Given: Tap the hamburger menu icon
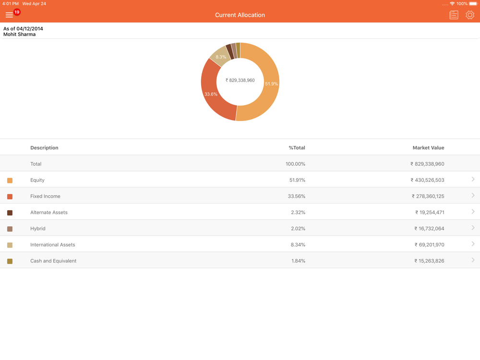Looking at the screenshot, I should click(x=9, y=15).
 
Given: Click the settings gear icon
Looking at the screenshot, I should click(x=469, y=15).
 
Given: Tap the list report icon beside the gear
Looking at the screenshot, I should click(x=454, y=15).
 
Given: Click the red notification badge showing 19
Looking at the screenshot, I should click(x=17, y=12).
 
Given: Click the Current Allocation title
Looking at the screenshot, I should click(x=240, y=15).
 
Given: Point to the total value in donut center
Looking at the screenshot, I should click(x=240, y=80).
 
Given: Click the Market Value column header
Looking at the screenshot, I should click(x=428, y=148).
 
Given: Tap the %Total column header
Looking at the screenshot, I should click(x=297, y=148).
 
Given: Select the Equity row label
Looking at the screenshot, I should click(x=37, y=180).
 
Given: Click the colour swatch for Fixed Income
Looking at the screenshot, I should click(x=10, y=196).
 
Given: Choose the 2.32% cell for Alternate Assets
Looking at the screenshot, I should click(x=298, y=212).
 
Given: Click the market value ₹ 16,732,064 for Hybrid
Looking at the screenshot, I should click(x=429, y=228).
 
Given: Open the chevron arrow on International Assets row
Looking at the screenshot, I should click(x=473, y=244).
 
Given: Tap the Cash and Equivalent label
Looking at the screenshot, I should click(x=53, y=261).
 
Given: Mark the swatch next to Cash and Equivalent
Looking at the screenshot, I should click(x=10, y=261).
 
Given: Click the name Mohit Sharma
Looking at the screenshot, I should click(x=19, y=35).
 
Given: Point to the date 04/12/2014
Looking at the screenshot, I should click(x=30, y=29).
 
